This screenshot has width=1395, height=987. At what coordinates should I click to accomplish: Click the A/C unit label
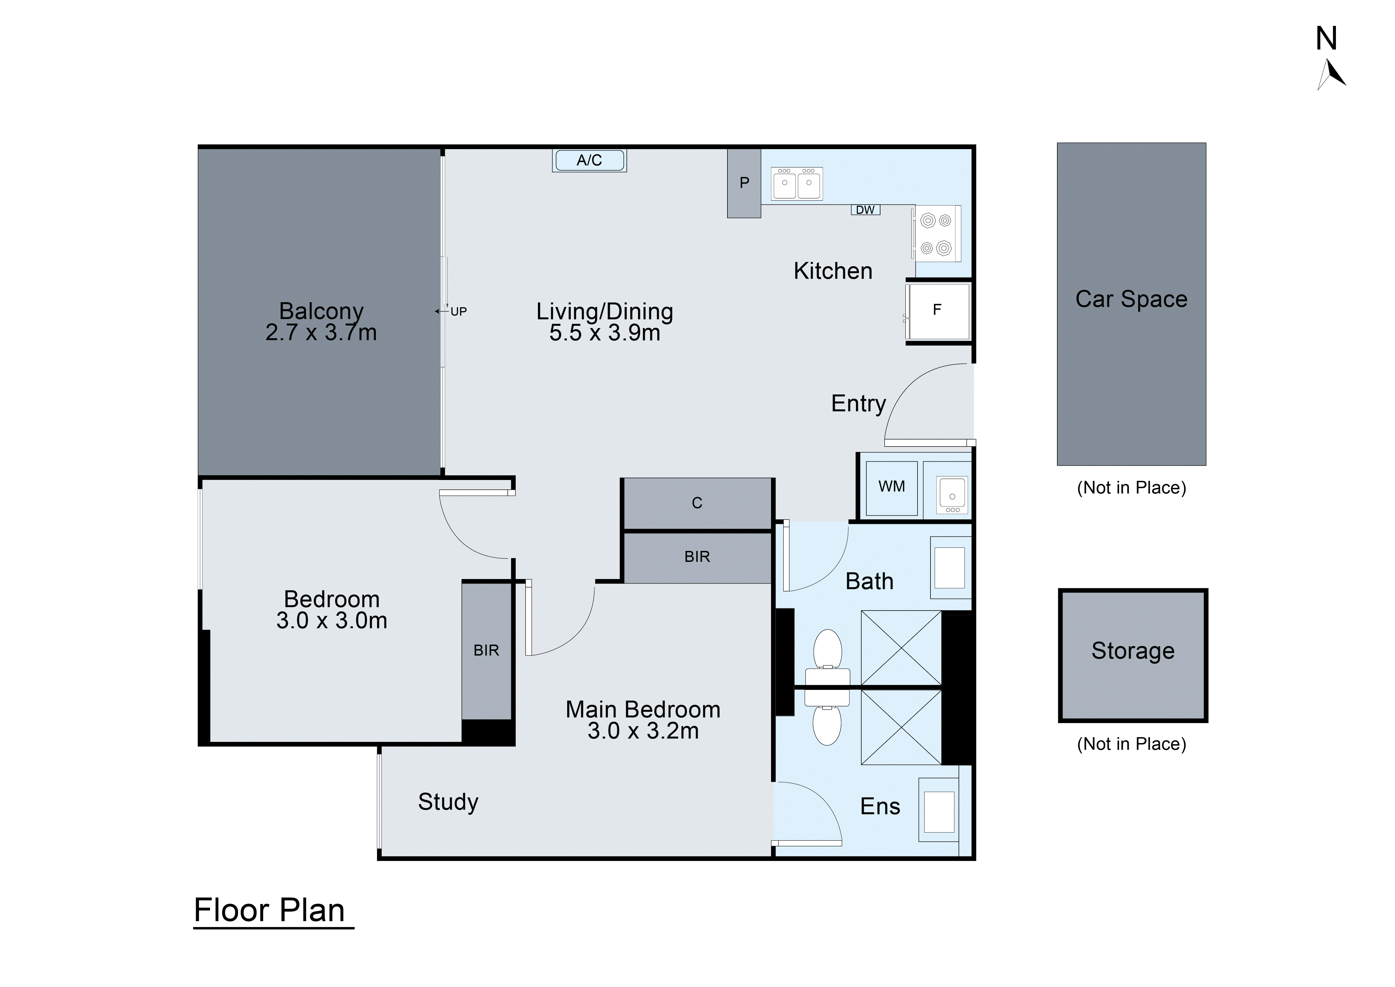click(589, 160)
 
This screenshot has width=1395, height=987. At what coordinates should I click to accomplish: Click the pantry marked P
click(744, 183)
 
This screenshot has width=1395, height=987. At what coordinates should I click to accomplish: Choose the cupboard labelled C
click(697, 503)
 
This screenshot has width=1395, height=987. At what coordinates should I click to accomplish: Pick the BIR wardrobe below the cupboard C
click(697, 557)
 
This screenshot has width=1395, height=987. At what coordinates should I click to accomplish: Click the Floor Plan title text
click(269, 910)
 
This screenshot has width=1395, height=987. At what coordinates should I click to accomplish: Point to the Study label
click(448, 802)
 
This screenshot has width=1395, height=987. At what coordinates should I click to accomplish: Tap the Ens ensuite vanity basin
click(939, 811)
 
